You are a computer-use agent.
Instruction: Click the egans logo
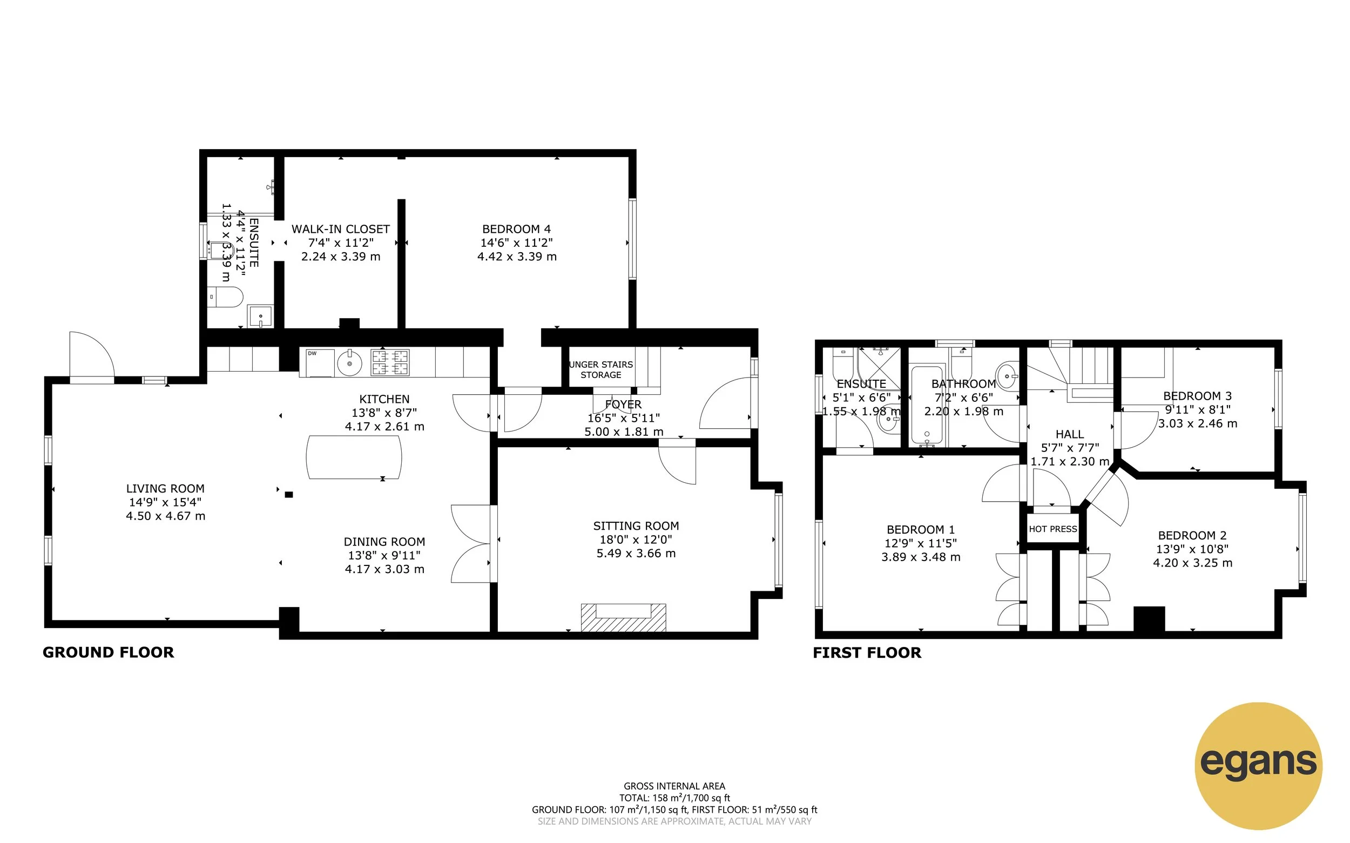click(x=1258, y=765)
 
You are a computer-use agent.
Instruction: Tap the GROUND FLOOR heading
click(x=108, y=652)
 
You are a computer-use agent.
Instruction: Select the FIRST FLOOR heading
click(x=867, y=653)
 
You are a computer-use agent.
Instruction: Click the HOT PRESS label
click(x=1052, y=529)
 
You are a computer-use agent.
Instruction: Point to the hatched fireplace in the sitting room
click(x=623, y=618)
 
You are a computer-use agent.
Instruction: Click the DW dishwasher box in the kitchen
click(x=316, y=362)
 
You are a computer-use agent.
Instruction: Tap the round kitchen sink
click(x=349, y=363)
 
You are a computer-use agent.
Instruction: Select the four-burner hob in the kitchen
click(x=390, y=362)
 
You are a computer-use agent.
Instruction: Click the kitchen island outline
click(x=353, y=457)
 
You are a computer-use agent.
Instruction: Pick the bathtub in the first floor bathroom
click(x=927, y=406)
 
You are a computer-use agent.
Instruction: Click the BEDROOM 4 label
click(x=516, y=229)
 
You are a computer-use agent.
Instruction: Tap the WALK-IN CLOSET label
click(x=341, y=229)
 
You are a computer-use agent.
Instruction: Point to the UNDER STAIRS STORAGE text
click(x=600, y=369)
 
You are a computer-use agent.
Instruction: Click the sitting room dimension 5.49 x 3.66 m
click(x=636, y=554)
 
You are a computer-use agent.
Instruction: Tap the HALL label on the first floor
click(x=1069, y=434)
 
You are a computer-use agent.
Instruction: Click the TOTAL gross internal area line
click(x=674, y=798)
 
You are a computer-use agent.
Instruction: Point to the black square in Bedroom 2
click(x=1149, y=619)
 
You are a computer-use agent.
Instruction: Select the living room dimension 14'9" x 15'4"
click(x=165, y=502)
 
